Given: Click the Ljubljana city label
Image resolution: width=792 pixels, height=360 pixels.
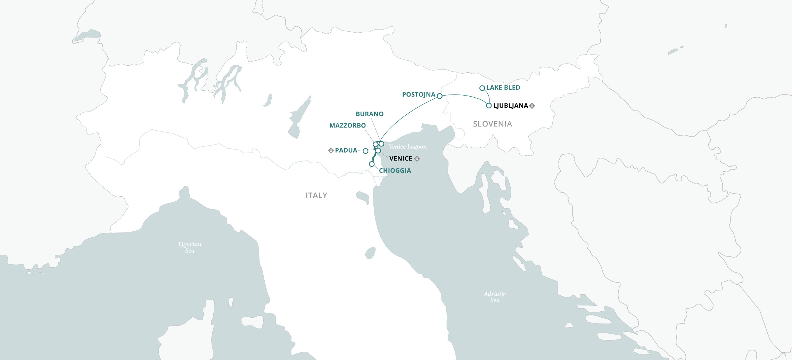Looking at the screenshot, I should point(510,106).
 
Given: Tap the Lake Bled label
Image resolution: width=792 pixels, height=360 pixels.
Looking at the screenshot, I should point(503,88).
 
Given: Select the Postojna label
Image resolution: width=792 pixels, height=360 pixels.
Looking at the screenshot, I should point(419,95).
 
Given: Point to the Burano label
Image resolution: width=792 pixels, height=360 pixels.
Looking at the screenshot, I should point(370,114).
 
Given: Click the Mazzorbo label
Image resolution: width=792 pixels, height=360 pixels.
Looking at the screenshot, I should point(347,125).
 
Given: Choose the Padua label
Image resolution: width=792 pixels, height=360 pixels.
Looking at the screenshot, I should point(346,150).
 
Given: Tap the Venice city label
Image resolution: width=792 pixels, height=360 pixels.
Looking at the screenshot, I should point(401,158).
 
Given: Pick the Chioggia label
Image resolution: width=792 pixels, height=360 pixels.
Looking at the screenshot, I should point(395,171).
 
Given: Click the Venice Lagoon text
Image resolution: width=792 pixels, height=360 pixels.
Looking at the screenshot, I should point(407,147).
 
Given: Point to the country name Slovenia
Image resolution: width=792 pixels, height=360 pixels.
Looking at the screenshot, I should point(492,124).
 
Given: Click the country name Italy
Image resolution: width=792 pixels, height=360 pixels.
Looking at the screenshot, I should point(316,196).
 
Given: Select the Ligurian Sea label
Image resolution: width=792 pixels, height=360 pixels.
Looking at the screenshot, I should point(190,247).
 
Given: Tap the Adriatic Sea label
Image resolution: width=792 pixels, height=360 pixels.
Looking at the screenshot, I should point(495,297).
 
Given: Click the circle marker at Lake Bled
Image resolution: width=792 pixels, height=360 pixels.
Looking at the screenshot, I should point(482,88).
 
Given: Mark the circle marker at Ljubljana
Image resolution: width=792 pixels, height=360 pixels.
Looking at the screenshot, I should point(489,106).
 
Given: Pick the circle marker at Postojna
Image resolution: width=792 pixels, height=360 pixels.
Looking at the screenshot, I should point(439,96).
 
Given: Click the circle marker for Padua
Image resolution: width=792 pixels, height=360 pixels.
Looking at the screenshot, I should point(365,151).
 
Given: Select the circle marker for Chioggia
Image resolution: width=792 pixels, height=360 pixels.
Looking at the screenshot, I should point(372,164).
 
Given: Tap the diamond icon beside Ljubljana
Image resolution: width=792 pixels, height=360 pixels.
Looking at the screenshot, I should point(532,106).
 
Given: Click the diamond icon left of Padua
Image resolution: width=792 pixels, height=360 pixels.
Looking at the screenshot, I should point(331,150).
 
